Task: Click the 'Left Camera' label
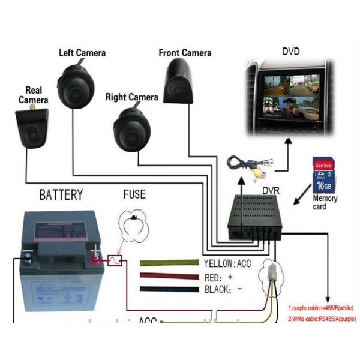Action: point(82,52)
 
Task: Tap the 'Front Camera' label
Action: point(185,52)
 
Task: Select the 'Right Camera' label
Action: point(131,97)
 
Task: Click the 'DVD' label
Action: point(290,52)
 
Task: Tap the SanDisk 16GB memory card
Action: point(323,176)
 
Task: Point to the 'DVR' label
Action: point(272,190)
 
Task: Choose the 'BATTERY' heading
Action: point(61,195)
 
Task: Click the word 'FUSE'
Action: point(134,195)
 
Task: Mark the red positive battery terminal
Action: point(95,259)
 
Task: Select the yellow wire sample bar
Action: point(169,263)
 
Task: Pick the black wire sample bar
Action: point(169,289)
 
